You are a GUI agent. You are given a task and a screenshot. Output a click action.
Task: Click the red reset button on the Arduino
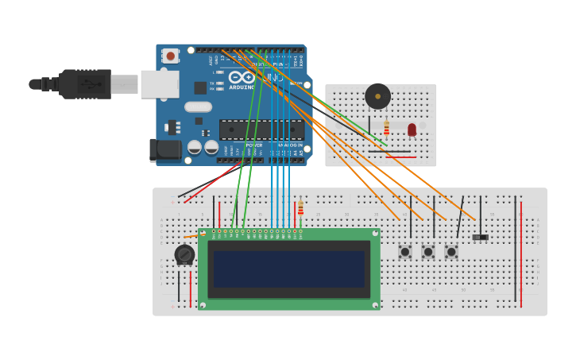pyautogui.click(x=170, y=56)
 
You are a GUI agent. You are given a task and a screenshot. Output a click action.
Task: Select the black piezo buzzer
pyautogui.click(x=377, y=96)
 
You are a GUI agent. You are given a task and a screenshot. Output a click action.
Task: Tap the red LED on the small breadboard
pyautogui.click(x=412, y=129)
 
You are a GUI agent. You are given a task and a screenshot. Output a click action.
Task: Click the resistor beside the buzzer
pyautogui.click(x=387, y=127)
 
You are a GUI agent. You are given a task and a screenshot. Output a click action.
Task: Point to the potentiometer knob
pyautogui.click(x=184, y=255)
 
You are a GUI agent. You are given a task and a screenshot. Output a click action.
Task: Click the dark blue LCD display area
pyautogui.click(x=289, y=269)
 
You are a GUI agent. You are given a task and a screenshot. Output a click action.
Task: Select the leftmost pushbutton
pyautogui.click(x=405, y=252)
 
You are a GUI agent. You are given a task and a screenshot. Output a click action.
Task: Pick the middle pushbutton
pyautogui.click(x=428, y=252)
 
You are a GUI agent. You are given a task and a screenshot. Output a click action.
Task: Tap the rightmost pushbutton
pyautogui.click(x=451, y=252)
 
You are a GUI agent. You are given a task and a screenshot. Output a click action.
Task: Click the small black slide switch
pyautogui.click(x=480, y=237)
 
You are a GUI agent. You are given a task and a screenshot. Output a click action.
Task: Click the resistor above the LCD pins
pyautogui.click(x=300, y=208)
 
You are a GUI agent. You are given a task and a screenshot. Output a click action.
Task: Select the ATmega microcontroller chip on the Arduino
pyautogui.click(x=261, y=130)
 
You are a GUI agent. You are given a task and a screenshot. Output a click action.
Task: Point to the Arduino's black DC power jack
pyautogui.click(x=163, y=150)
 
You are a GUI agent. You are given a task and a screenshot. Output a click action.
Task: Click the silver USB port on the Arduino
pyautogui.click(x=160, y=83)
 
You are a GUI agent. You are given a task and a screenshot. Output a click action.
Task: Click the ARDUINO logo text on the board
pyautogui.click(x=242, y=87)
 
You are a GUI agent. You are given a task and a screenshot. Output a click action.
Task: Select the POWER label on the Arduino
pyautogui.click(x=253, y=145)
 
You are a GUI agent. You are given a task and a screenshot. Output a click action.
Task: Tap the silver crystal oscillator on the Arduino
pyautogui.click(x=199, y=106)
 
